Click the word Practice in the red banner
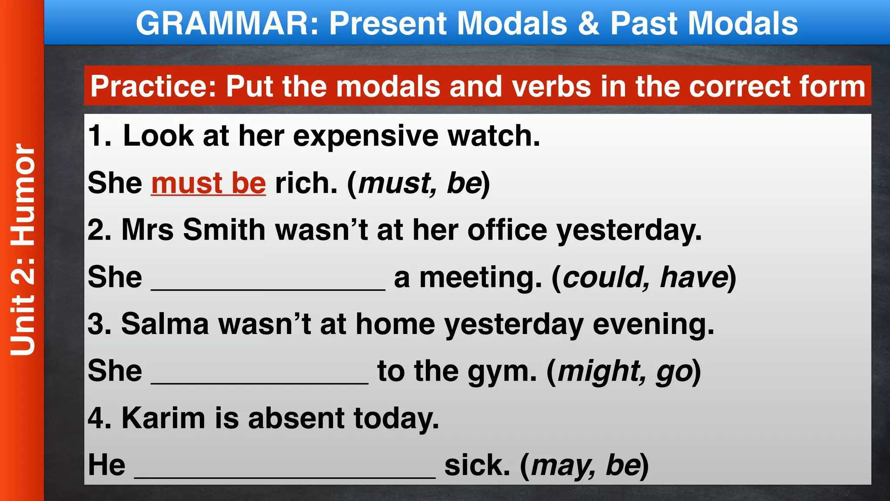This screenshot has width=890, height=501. tap(153, 86)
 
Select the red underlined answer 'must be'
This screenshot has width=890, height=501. tap(208, 183)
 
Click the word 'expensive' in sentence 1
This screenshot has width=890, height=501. tap(366, 136)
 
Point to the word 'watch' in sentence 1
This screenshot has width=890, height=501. tap(494, 136)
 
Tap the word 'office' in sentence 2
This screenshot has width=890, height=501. tap(507, 230)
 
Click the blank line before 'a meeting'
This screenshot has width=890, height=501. tap(268, 287)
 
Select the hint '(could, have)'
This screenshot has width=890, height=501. tap(644, 277)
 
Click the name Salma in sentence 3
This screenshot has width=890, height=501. tap(165, 324)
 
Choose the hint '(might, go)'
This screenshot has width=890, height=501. tap(624, 372)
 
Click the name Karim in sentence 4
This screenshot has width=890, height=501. tap(163, 418)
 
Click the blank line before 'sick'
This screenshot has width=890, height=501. tap(285, 476)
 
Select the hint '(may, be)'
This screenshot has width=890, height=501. tap(584, 465)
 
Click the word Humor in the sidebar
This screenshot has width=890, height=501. tap(23, 194)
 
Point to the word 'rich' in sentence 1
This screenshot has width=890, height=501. tap(306, 183)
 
